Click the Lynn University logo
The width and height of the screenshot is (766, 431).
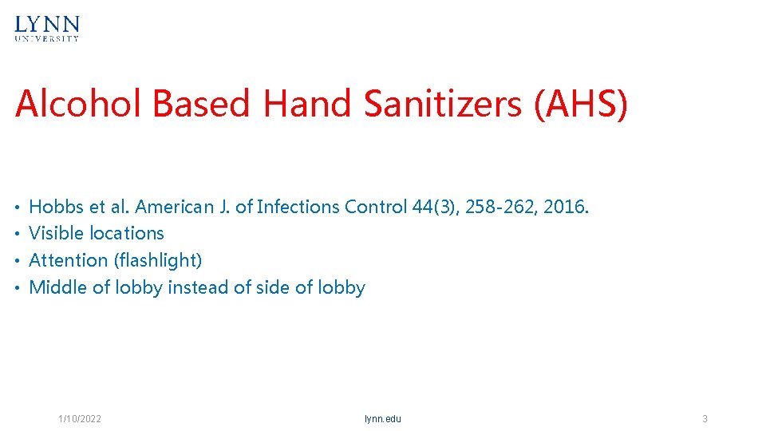click(47, 28)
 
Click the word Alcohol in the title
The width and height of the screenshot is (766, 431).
click(79, 105)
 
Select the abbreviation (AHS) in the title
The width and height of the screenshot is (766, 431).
click(582, 105)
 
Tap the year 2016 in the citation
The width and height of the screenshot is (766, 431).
click(567, 207)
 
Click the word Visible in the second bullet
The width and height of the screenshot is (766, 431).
click(56, 233)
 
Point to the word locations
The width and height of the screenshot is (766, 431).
click(127, 233)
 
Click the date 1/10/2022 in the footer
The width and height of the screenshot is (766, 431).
click(80, 419)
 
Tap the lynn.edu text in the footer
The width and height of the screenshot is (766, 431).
click(383, 419)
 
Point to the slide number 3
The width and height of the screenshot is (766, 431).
click(705, 419)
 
